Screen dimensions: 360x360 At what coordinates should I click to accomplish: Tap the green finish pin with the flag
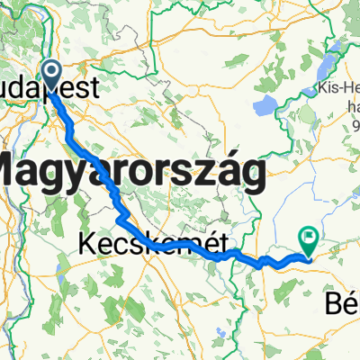pos(310,238)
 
